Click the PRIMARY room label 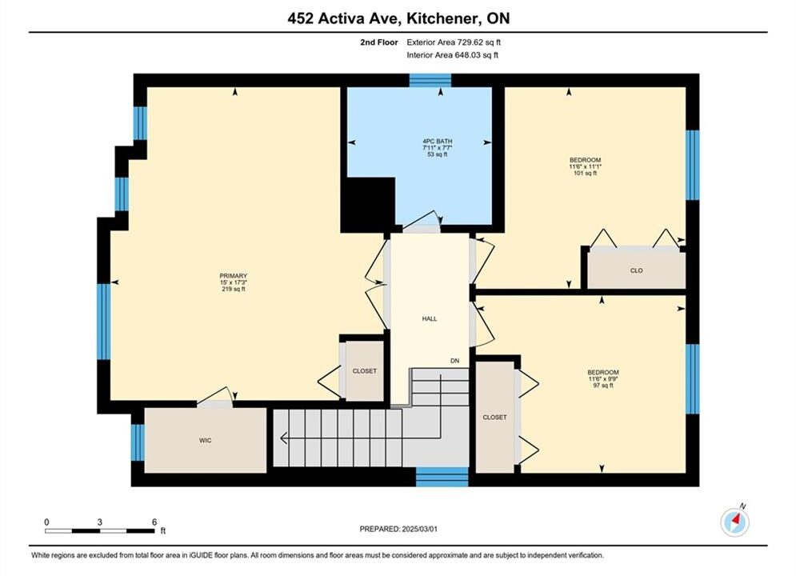pyautogui.click(x=234, y=275)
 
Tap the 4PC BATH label pyautogui.click(x=437, y=141)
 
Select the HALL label pyautogui.click(x=430, y=318)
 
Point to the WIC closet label pyautogui.click(x=205, y=440)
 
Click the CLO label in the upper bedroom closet pyautogui.click(x=637, y=270)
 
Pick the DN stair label pyautogui.click(x=455, y=361)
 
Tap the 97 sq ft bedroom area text pyautogui.click(x=603, y=385)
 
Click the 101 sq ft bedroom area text pyautogui.click(x=585, y=173)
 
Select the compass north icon pyautogui.click(x=734, y=521)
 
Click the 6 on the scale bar pyautogui.click(x=154, y=522)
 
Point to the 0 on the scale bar pyautogui.click(x=46, y=522)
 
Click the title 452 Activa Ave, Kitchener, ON pyautogui.click(x=398, y=18)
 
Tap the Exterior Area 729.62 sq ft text pyautogui.click(x=454, y=42)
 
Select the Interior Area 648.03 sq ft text pyautogui.click(x=452, y=55)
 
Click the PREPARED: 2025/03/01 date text pyautogui.click(x=398, y=529)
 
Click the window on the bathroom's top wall pyautogui.click(x=430, y=80)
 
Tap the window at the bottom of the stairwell pyautogui.click(x=442, y=477)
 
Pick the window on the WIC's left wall pyautogui.click(x=138, y=442)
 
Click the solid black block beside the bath pyautogui.click(x=367, y=205)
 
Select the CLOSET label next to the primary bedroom pyautogui.click(x=365, y=371)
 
